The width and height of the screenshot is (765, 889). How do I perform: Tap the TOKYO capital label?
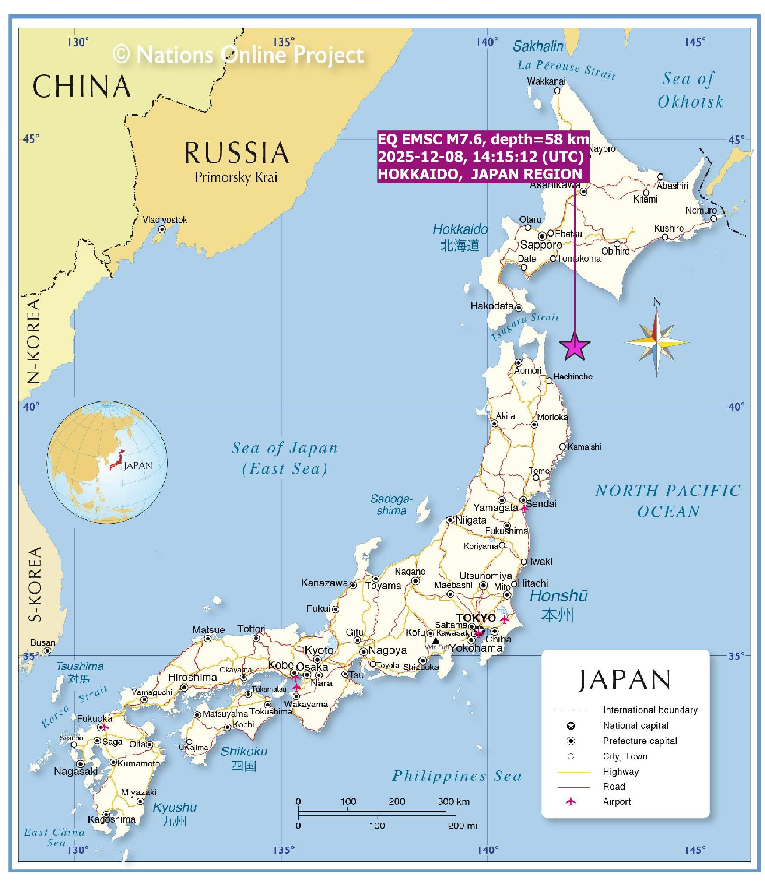tap(476, 618)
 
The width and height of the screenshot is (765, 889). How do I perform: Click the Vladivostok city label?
tap(165, 220)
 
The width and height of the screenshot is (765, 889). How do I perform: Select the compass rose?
tap(656, 342)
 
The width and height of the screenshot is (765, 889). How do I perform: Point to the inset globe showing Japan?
tap(107, 462)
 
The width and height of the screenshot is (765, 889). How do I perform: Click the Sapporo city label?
tap(541, 245)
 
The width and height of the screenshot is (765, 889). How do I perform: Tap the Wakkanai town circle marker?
tap(557, 91)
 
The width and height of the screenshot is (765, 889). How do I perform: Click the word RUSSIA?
tap(237, 153)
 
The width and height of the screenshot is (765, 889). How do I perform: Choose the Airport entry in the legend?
tap(617, 801)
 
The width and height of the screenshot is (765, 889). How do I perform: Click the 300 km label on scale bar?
tap(453, 801)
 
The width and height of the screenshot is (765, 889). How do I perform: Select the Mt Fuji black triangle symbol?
tap(435, 640)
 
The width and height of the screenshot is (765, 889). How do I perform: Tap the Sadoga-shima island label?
tap(391, 504)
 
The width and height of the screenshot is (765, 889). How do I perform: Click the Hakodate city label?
tap(491, 306)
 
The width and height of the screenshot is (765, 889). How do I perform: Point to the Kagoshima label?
tap(112, 819)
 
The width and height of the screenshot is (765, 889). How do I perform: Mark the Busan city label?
tap(42, 643)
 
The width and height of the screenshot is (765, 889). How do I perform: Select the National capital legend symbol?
tap(570, 726)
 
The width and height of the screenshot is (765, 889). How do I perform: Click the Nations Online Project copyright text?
tap(239, 55)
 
